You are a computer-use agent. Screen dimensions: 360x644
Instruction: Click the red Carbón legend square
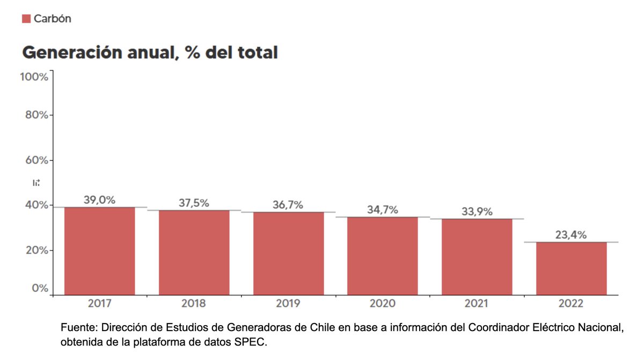26,19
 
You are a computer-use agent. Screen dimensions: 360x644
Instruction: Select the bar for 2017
99,251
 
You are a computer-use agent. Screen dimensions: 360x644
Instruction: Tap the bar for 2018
194,252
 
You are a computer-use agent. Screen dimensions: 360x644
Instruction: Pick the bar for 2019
288,253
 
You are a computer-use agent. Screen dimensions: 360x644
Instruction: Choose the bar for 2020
383,255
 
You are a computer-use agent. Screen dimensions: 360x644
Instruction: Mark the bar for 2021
477,256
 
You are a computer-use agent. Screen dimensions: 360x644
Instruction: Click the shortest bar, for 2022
571,268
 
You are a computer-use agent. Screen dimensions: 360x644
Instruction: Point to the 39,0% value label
99,200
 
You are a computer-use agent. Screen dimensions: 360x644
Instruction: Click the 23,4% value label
570,234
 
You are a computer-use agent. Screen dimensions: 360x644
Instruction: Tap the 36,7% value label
288,204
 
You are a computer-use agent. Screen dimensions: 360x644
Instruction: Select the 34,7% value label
382,210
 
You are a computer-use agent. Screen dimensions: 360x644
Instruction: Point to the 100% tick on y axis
34,77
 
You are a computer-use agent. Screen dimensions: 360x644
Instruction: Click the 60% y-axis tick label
36,160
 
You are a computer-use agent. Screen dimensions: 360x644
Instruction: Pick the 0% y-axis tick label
39,288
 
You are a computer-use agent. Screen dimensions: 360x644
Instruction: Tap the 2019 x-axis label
288,304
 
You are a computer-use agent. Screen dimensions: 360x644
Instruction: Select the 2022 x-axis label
570,304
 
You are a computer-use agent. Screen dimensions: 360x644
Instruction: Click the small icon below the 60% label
36,183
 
